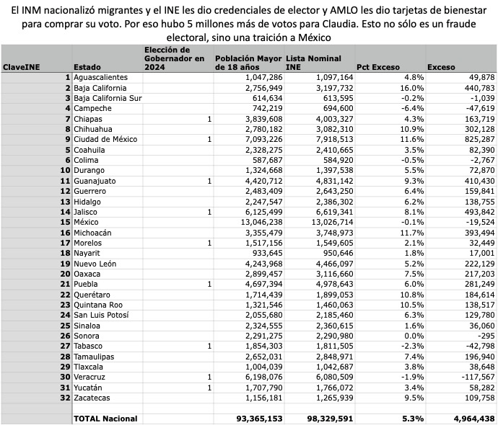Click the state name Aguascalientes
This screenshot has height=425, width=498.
(x=100, y=77)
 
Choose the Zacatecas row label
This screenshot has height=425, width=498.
(x=93, y=398)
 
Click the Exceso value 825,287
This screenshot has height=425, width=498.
(x=478, y=139)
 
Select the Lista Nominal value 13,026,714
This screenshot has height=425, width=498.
(x=330, y=222)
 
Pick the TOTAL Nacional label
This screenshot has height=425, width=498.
(x=105, y=419)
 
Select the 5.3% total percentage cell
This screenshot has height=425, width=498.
(x=411, y=419)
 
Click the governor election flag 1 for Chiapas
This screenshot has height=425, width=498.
(x=209, y=118)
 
